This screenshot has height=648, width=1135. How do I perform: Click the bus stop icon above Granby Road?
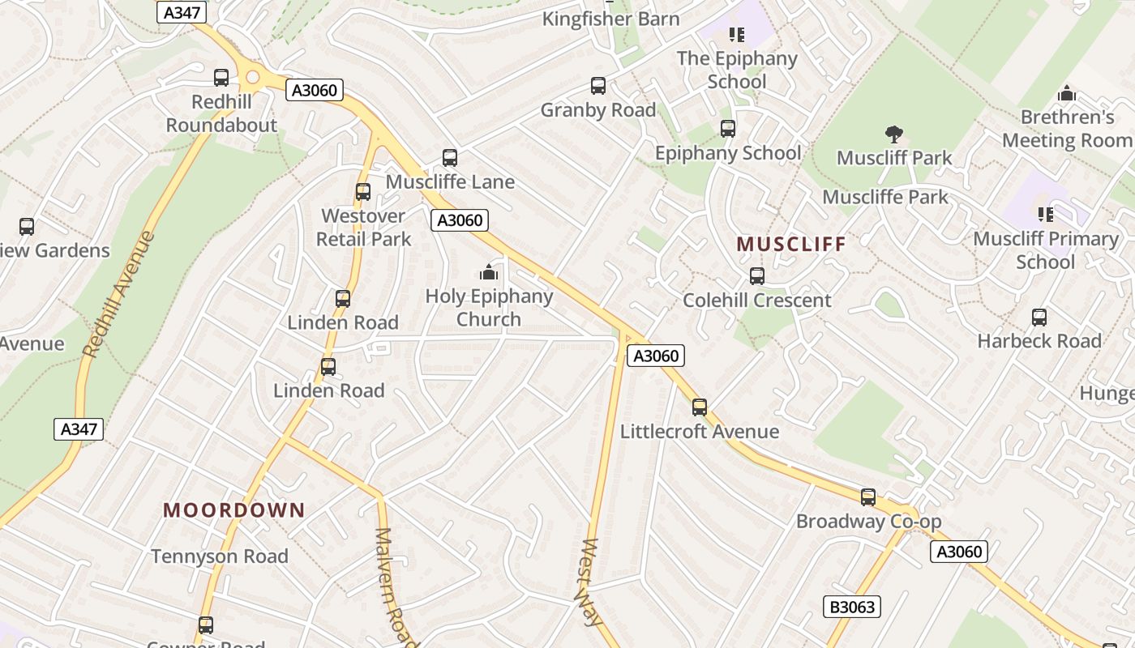pos(598,86)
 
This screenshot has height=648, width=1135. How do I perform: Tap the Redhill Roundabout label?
pos(221,113)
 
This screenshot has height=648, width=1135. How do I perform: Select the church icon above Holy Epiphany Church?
pos(489,272)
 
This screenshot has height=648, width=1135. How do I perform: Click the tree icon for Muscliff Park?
pos(894,134)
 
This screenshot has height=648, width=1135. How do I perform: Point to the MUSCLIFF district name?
pos(791,244)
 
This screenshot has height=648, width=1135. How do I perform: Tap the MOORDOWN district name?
pos(233,510)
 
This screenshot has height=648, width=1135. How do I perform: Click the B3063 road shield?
pos(851,607)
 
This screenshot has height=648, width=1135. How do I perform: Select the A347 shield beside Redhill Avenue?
pos(79,429)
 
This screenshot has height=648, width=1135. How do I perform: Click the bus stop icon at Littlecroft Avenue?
pos(700,407)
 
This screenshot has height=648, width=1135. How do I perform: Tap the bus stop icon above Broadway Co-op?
pos(868,497)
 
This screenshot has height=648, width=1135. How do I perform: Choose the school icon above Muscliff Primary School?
pos(1046,215)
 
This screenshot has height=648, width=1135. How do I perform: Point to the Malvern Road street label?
pos(396,585)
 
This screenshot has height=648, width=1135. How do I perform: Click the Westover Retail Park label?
pos(363,228)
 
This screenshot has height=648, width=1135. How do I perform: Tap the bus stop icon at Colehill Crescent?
pos(757,276)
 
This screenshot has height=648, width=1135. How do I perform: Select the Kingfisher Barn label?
pos(610,19)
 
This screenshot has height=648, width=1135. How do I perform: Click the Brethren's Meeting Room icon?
pos(1067,93)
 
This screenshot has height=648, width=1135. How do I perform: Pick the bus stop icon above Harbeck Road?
pos(1039,318)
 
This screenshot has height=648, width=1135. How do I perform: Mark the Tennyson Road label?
pos(220,556)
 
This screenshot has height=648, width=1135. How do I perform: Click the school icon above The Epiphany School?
pos(737,34)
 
